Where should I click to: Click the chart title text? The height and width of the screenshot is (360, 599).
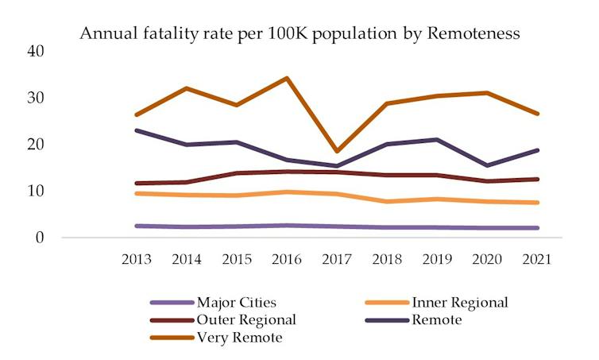(x=299, y=33)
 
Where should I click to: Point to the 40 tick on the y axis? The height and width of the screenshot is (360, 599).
(x=36, y=51)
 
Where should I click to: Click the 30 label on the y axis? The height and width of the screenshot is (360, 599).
(x=36, y=98)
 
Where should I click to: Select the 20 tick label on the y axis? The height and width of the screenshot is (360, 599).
(x=36, y=145)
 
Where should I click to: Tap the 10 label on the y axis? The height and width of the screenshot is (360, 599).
(x=36, y=191)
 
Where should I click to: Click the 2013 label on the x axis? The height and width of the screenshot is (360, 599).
(x=137, y=260)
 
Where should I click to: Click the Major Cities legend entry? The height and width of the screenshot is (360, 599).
(x=235, y=302)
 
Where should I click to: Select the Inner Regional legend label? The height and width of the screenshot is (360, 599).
(x=459, y=302)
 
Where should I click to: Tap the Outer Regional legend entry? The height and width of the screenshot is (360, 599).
(x=245, y=320)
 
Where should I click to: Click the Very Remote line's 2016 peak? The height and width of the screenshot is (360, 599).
(x=287, y=78)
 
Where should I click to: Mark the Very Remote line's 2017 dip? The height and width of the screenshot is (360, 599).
(x=338, y=151)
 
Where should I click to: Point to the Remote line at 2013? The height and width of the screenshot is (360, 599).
(x=137, y=130)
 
